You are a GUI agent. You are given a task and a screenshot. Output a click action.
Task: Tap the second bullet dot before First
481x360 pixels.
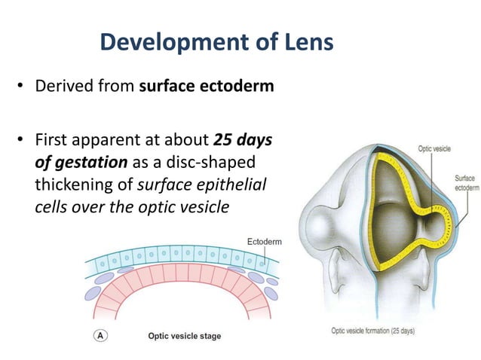(22, 142)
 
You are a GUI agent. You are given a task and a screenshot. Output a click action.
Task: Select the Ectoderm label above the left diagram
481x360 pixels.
(264, 241)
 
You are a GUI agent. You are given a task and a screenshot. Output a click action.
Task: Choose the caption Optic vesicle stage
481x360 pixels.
(184, 335)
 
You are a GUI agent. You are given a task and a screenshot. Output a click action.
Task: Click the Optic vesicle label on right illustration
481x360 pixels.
(434, 149)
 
